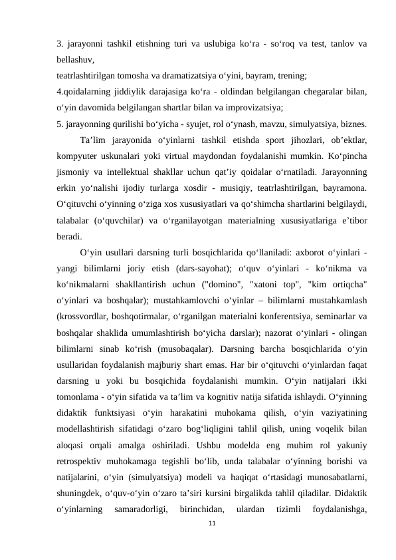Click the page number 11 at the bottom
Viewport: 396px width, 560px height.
click(211, 524)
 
